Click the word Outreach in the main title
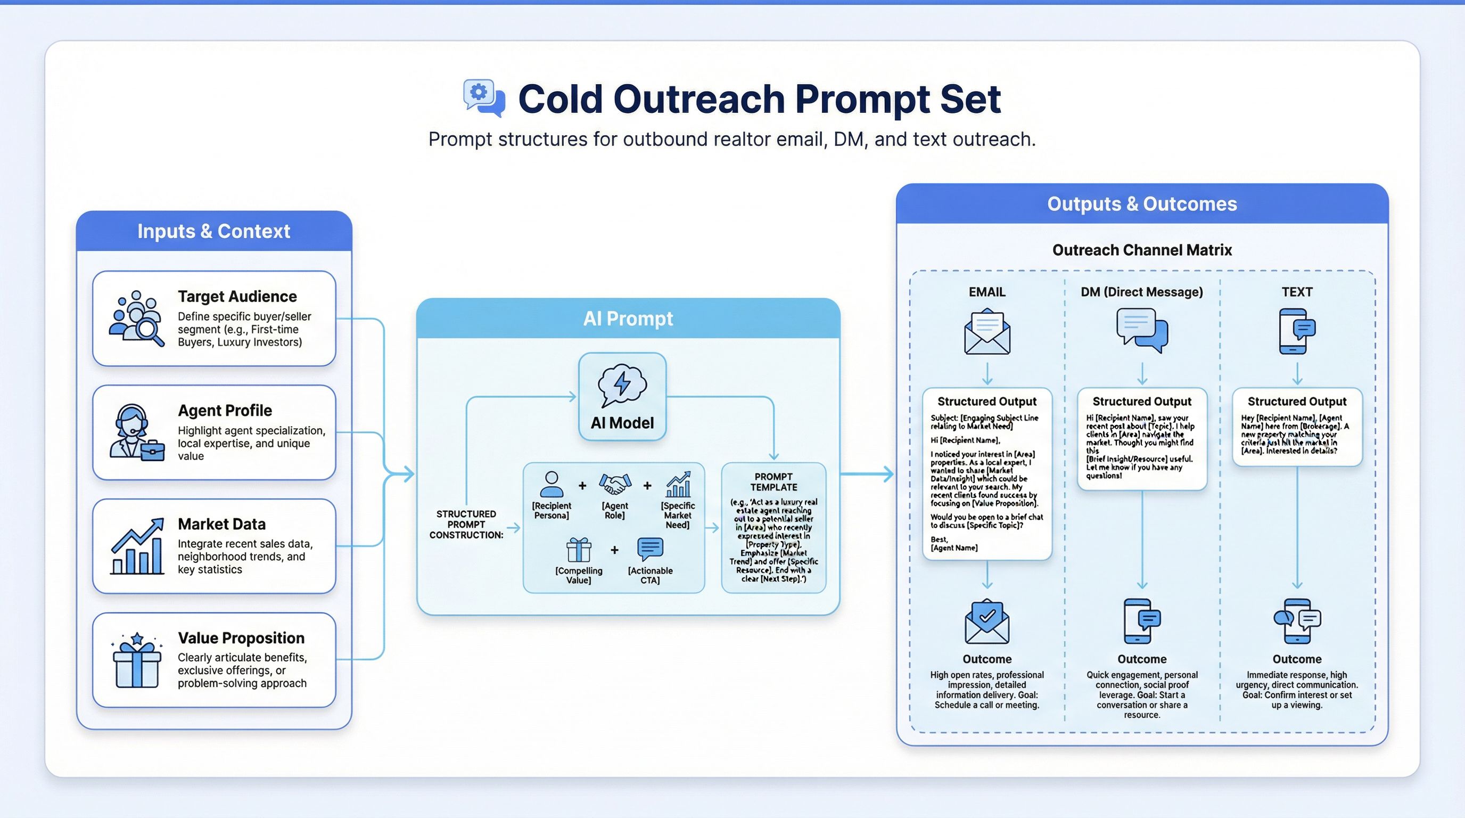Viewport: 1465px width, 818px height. pos(699,99)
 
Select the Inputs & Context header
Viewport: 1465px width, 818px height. pos(214,232)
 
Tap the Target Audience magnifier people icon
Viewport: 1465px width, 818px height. pos(136,318)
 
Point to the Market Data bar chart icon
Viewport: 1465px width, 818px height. pos(137,546)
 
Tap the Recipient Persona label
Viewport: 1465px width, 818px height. pos(551,510)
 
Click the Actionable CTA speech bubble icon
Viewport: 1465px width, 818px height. pos(650,549)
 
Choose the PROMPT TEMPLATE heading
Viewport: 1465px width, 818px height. pos(773,482)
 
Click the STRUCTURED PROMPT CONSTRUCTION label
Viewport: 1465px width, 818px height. pos(466,524)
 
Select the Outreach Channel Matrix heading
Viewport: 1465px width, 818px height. pos(1142,250)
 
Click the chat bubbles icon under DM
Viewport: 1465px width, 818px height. pos(1142,330)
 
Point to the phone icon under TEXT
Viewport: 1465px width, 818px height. pos(1297,331)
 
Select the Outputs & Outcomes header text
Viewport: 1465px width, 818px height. pos(1142,204)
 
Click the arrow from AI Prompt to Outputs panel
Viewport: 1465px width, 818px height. pos(867,473)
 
